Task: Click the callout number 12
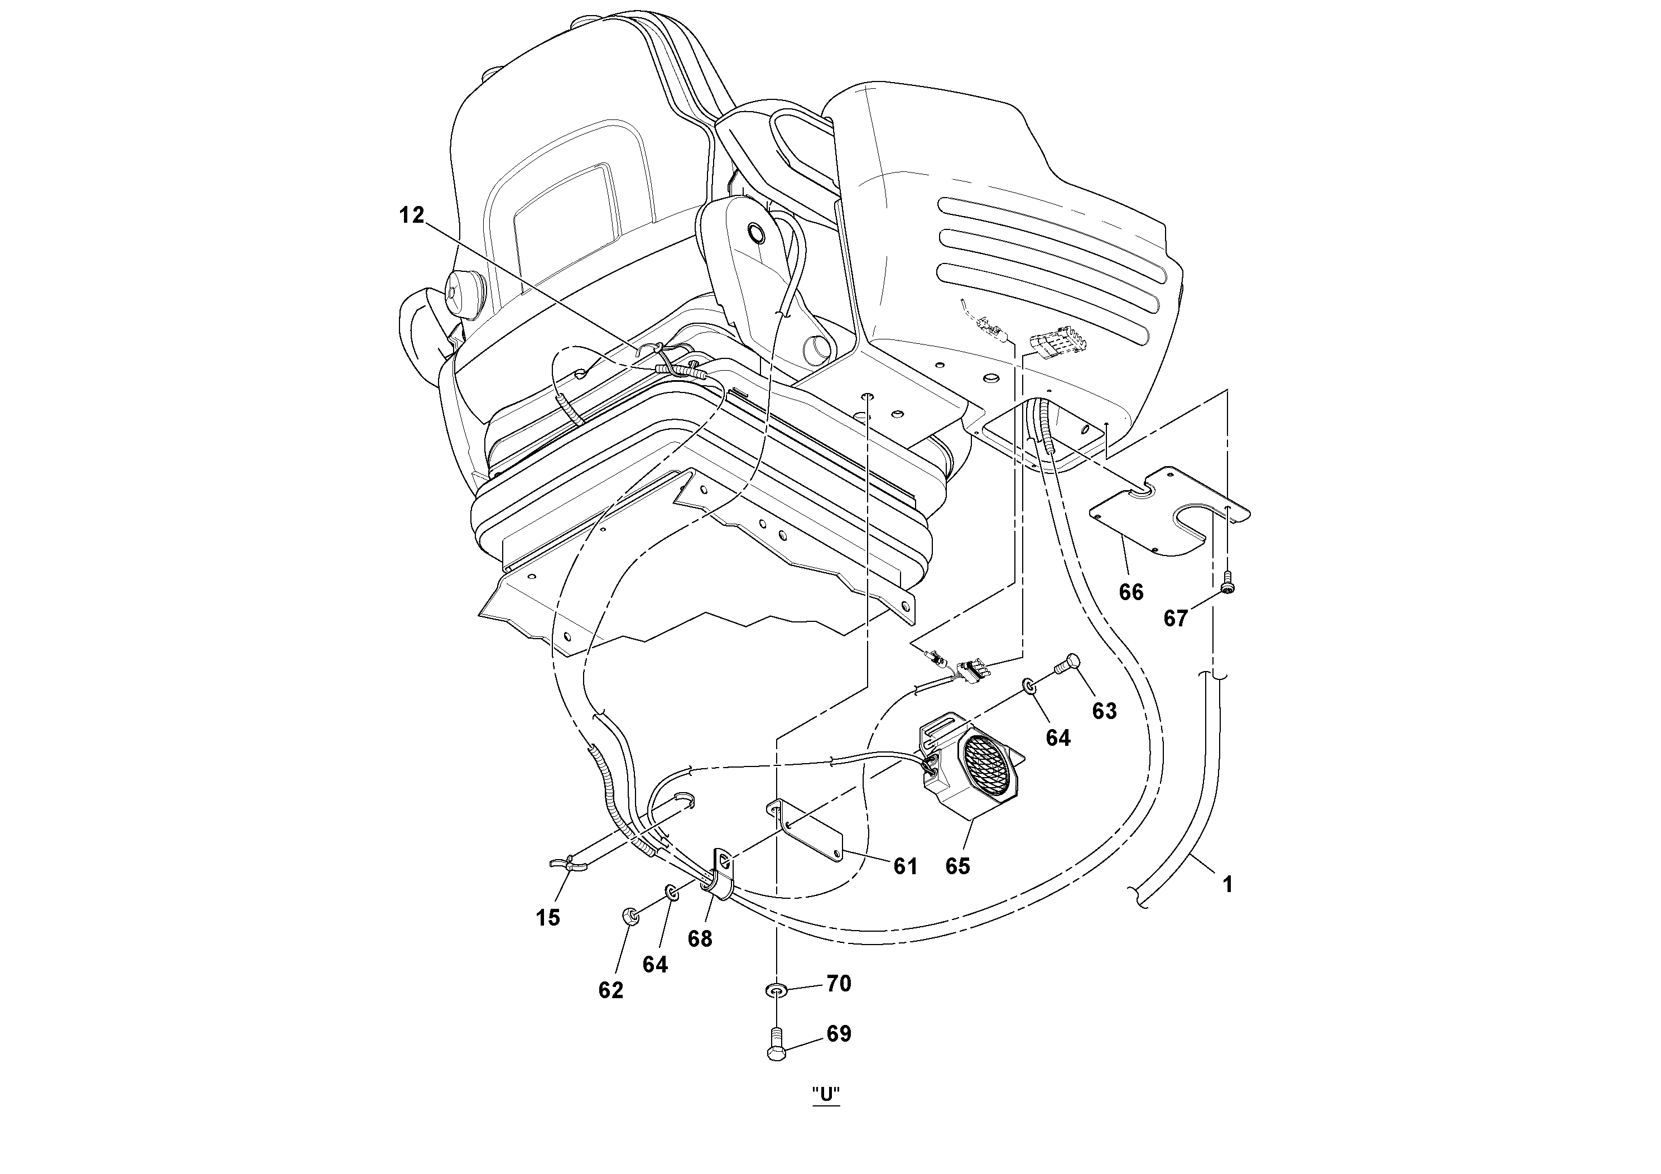point(412,215)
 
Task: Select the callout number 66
point(1131,592)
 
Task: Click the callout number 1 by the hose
point(1227,884)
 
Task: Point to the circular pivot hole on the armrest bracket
point(757,234)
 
